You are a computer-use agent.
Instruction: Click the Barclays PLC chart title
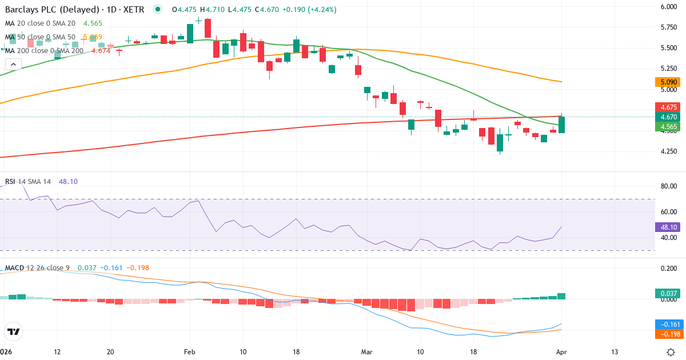tap(74, 10)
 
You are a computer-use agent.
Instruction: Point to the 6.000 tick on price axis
tap(669, 7)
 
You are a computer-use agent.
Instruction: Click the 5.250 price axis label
tap(669, 69)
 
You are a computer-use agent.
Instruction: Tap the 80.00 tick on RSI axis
tap(669, 186)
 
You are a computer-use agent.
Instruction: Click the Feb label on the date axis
tap(190, 351)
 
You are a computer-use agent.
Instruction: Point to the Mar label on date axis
tap(366, 351)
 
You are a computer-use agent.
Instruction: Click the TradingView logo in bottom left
tap(14, 331)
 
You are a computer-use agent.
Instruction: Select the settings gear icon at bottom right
tap(671, 351)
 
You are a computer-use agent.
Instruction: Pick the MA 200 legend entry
tap(45, 50)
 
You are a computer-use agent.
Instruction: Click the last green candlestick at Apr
tap(562, 125)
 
